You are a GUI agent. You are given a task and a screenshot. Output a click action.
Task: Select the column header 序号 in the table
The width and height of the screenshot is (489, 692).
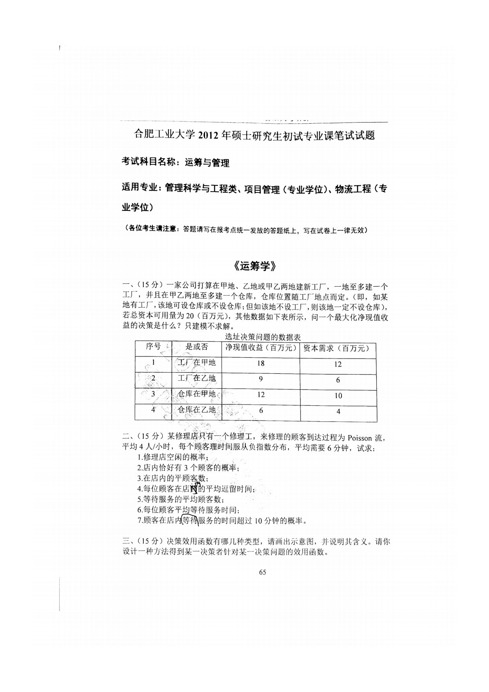[153, 347]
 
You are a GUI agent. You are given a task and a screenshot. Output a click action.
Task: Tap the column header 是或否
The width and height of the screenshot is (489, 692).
[197, 347]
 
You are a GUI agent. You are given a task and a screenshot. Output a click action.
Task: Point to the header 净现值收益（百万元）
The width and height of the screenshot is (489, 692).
[261, 348]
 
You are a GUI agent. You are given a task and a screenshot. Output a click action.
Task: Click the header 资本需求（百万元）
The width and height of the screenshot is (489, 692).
[338, 349]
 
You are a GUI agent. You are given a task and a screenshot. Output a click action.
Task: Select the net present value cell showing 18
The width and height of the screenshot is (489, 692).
[261, 363]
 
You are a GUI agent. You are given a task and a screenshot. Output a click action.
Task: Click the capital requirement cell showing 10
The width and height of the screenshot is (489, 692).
[338, 396]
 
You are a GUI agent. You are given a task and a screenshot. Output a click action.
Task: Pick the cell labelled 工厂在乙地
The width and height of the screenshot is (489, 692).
[196, 378]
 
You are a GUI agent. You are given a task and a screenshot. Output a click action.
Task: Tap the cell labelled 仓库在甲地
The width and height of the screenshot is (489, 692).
[196, 394]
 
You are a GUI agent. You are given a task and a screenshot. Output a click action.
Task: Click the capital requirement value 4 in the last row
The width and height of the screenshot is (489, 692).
[338, 411]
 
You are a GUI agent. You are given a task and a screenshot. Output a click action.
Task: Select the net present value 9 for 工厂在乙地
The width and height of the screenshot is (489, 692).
[261, 379]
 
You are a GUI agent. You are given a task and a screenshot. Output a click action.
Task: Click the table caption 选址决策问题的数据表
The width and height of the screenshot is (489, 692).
[263, 337]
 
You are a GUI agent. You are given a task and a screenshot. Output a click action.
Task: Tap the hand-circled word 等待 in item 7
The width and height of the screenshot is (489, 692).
[189, 521]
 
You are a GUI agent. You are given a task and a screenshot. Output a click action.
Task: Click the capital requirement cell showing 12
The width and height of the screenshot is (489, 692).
[338, 364]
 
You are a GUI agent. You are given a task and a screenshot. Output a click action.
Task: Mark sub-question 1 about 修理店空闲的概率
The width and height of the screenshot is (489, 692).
[173, 457]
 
